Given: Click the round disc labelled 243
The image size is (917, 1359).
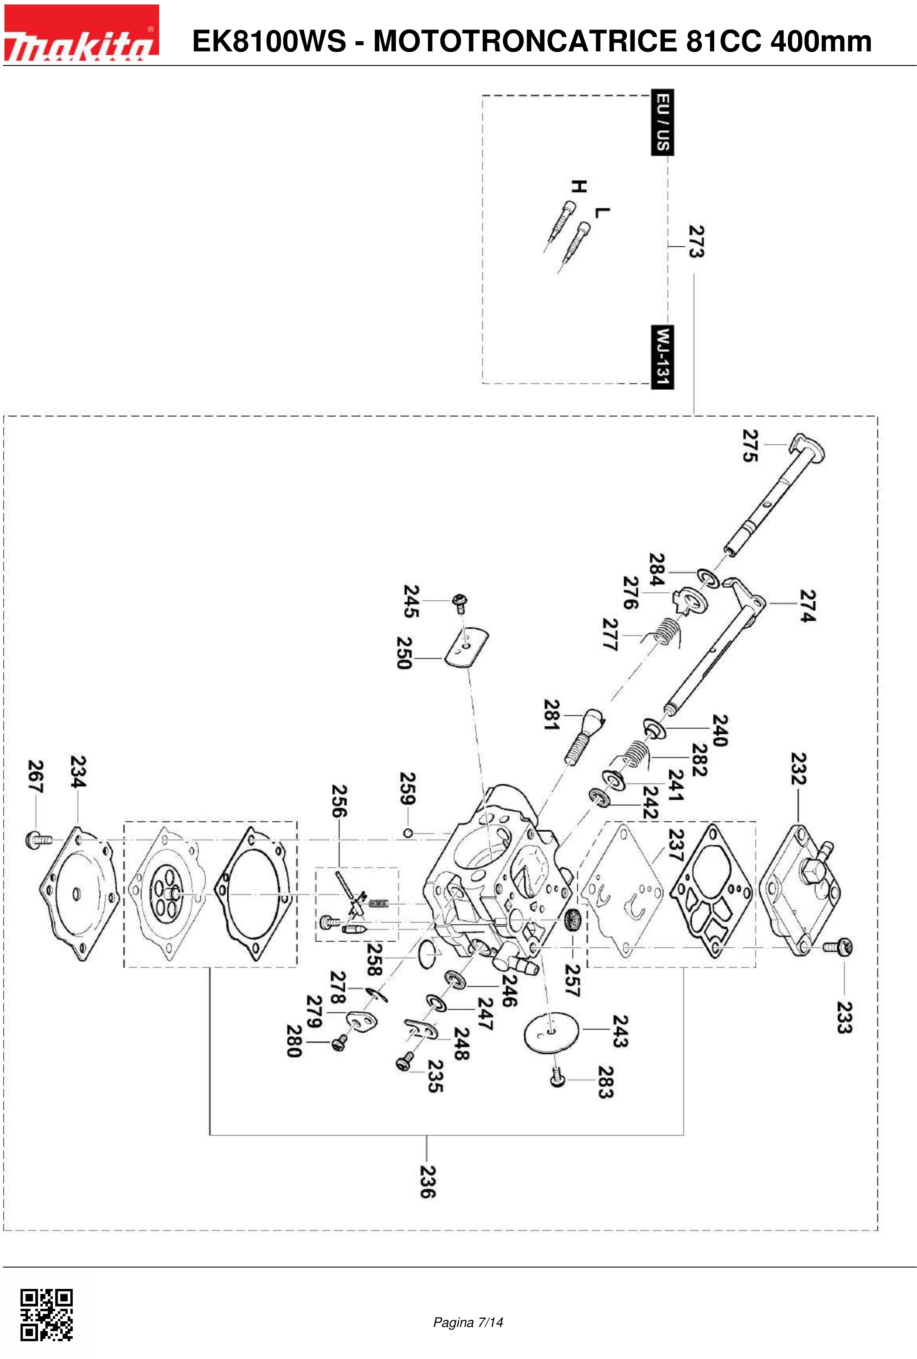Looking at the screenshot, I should [x=551, y=1035].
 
